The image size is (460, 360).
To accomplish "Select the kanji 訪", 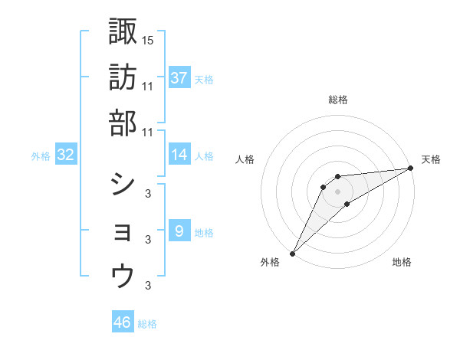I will (x=123, y=77).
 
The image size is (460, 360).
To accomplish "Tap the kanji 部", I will (x=123, y=123).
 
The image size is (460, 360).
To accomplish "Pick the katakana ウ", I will (x=123, y=277).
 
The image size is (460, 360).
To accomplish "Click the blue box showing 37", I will (x=179, y=77).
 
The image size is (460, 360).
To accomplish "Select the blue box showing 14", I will (x=179, y=155).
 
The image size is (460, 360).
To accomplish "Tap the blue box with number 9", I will (x=179, y=231).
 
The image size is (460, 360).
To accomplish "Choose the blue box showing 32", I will (x=66, y=155).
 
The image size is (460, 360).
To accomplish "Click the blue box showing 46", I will (x=123, y=322).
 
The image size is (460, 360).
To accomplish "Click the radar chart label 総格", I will (x=338, y=100).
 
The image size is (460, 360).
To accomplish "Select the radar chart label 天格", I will (x=432, y=159).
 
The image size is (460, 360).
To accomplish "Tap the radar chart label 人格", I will (x=245, y=159).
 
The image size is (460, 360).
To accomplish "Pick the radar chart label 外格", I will (x=270, y=263).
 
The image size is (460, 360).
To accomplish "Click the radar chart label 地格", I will (x=402, y=263).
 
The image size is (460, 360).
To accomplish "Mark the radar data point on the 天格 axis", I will (x=410, y=168).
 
